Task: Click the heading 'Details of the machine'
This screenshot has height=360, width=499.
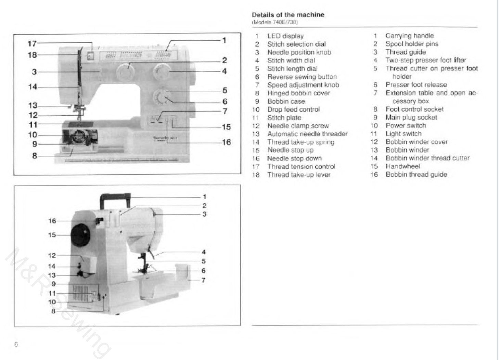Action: point(288,15)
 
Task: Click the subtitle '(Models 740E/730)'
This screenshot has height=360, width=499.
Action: point(274,22)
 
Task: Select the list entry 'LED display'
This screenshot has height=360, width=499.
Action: point(285,36)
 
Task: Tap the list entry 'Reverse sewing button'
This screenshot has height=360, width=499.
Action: point(302,77)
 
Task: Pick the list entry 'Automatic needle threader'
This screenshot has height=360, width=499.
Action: point(307,134)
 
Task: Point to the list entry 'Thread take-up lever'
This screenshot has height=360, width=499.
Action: point(298,175)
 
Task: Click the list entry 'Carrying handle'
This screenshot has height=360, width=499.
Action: point(409,36)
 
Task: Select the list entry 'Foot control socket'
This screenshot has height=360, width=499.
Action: point(414,109)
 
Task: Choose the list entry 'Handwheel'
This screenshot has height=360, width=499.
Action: point(402,166)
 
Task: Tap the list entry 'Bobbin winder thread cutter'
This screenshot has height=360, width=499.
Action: point(427,158)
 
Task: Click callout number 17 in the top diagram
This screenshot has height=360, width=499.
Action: point(32,43)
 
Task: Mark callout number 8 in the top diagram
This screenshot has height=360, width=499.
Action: point(35,156)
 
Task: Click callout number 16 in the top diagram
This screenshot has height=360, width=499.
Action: point(226,142)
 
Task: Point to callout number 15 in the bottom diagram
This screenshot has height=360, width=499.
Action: point(52,235)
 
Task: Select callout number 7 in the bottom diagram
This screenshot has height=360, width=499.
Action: point(204,280)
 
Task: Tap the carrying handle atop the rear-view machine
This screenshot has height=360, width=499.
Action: point(115,197)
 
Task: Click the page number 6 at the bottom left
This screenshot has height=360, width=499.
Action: point(16,345)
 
